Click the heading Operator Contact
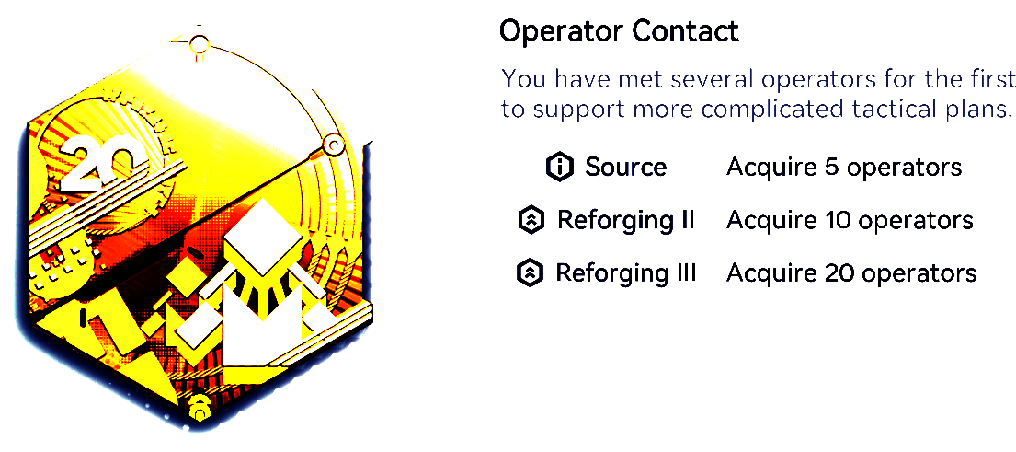(x=619, y=31)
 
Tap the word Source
(x=625, y=168)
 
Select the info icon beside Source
(x=561, y=168)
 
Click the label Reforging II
(x=626, y=221)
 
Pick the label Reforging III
(x=626, y=273)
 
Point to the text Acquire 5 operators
(x=844, y=168)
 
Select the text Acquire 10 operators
(x=850, y=221)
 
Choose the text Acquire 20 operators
(x=850, y=273)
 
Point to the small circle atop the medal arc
(x=200, y=44)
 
